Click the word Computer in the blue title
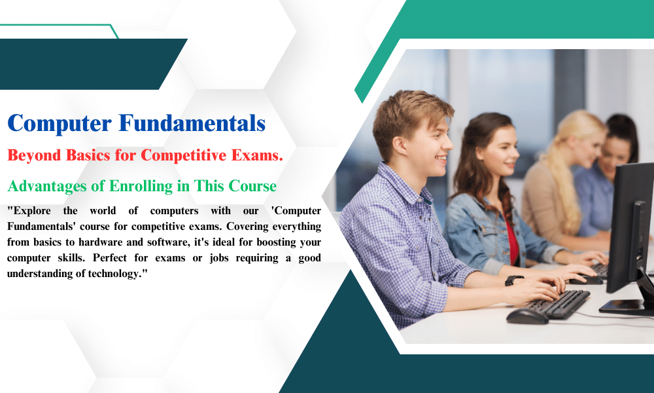tap(60, 124)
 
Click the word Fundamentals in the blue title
tap(192, 122)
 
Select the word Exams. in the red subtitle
tap(257, 155)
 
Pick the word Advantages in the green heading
tap(47, 186)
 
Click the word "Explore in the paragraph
tap(29, 211)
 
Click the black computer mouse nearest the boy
tap(527, 316)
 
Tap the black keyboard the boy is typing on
tap(557, 304)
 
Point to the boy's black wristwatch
tap(513, 280)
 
